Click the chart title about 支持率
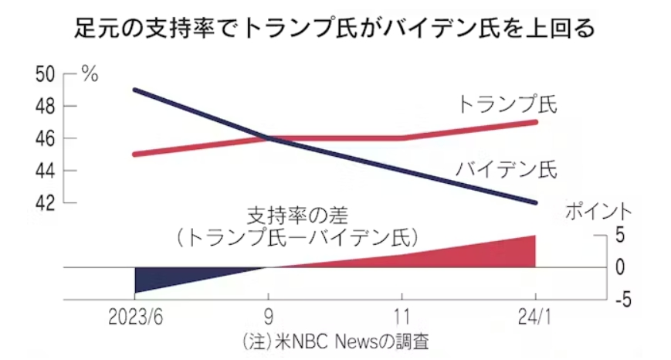point(335,30)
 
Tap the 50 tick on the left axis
point(46,75)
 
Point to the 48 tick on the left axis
point(46,107)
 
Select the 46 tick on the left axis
point(46,139)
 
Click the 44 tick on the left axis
point(46,171)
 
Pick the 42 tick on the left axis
point(46,203)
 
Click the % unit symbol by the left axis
point(90,75)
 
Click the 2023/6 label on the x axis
point(136,318)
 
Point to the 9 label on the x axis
point(269,318)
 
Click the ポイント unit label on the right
point(599,210)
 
